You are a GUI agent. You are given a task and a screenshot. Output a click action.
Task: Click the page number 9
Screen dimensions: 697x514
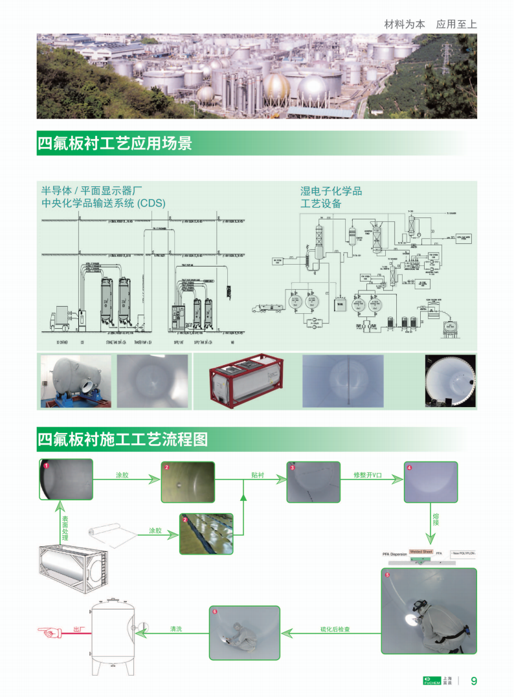474,681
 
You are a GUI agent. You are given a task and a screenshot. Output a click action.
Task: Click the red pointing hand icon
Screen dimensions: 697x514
48,629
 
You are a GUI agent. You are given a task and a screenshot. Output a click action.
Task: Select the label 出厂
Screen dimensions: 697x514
80,629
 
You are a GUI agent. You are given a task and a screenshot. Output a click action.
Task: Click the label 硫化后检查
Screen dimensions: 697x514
335,629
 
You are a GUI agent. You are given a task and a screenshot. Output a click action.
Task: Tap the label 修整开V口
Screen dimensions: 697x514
368,475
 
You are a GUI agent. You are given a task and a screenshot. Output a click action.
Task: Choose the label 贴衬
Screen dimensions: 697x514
258,475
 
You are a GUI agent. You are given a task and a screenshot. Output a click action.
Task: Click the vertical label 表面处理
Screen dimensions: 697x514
65,528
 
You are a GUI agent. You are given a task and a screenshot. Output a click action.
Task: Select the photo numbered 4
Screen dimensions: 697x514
430,482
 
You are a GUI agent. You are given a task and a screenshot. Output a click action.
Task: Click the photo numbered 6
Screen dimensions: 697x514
245,632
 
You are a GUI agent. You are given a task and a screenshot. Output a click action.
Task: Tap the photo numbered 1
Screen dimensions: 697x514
67,480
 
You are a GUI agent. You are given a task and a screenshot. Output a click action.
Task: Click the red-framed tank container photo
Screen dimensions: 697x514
246,382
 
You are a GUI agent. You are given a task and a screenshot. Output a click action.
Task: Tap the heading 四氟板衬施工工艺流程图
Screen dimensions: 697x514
123,440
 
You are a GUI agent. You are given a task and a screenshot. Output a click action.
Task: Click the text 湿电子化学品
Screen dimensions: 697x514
331,191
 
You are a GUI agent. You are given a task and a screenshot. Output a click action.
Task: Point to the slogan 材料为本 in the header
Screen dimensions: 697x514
405,24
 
